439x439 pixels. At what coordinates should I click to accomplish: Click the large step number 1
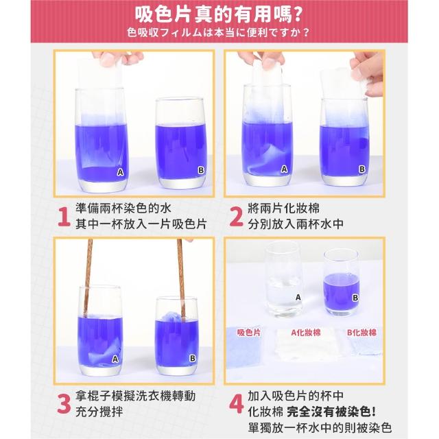tap(64, 217)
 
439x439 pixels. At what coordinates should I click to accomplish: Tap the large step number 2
tap(236, 217)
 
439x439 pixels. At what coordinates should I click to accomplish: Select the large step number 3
tap(64, 404)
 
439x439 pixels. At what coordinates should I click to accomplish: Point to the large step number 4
tap(237, 404)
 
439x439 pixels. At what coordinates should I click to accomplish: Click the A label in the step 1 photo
tap(120, 172)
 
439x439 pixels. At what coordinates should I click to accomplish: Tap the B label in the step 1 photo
tap(201, 170)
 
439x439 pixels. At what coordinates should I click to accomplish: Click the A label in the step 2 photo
tap(284, 169)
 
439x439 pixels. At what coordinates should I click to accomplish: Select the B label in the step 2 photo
tap(362, 169)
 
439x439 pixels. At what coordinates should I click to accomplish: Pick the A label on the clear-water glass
tap(298, 297)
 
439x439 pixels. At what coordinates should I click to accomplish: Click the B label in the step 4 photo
tap(355, 298)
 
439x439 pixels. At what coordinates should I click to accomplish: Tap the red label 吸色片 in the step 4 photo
tap(248, 332)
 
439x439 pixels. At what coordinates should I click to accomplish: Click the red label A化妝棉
tap(305, 332)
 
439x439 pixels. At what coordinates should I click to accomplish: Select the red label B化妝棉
tap(361, 332)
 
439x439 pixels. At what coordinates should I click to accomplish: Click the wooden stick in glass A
tap(88, 278)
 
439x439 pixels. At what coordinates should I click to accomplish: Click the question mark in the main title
tap(298, 15)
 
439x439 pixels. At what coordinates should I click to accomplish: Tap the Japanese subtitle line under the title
tap(218, 32)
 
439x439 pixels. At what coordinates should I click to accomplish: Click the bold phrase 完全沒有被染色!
tap(331, 412)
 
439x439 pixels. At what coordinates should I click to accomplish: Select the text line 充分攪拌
tap(99, 412)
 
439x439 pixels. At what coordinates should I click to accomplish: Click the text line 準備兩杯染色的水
tap(123, 209)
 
